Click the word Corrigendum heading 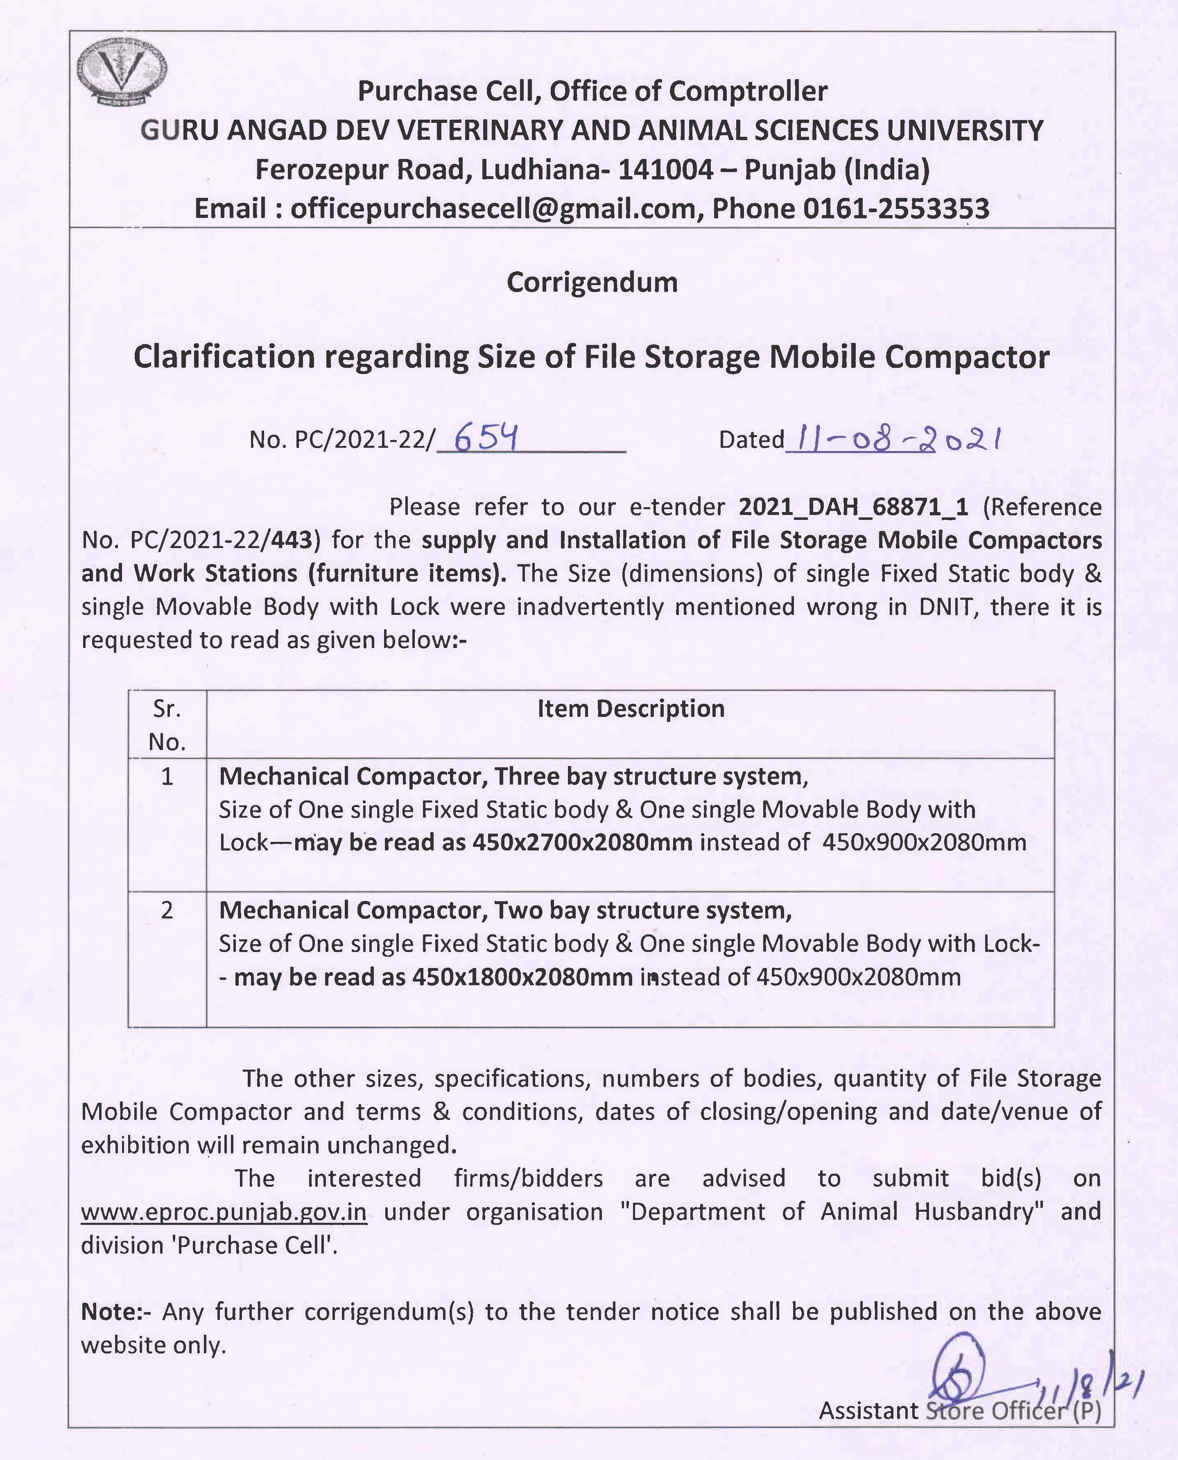click(x=592, y=282)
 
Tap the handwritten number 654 click(x=486, y=438)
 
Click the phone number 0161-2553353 click(x=896, y=209)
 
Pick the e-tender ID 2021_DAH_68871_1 click(x=853, y=507)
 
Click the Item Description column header click(x=631, y=709)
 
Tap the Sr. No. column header click(x=167, y=725)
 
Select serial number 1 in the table click(x=167, y=776)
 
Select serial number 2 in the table click(x=167, y=910)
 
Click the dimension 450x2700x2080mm click(x=582, y=842)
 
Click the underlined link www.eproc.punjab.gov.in click(x=224, y=1212)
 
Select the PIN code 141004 click(x=665, y=170)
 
